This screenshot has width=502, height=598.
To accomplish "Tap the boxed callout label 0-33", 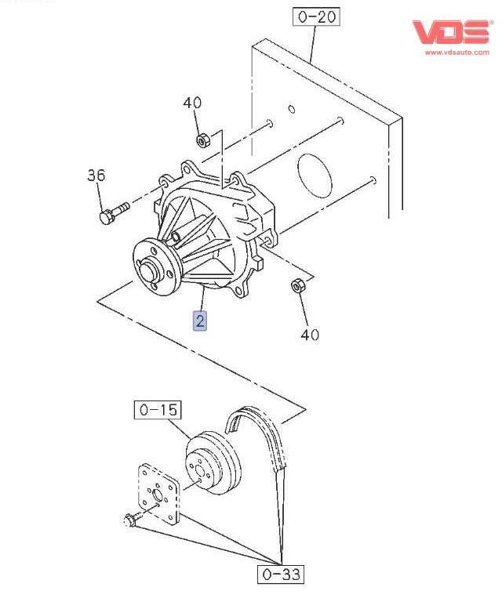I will (278, 574).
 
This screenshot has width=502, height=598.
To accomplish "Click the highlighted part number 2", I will (201, 320).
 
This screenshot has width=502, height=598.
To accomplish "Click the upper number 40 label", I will (192, 103).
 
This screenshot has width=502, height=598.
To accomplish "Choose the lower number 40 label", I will (311, 335).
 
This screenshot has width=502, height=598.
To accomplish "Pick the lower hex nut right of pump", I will (298, 285).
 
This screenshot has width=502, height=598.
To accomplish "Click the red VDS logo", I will (451, 31).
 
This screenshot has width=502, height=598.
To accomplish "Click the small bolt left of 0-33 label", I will (132, 518).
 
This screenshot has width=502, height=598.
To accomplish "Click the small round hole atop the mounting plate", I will (290, 107).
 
